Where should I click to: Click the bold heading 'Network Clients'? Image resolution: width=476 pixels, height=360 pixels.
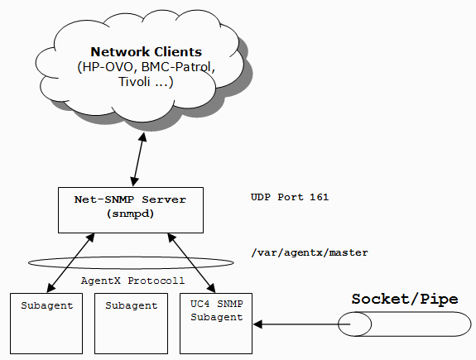146,52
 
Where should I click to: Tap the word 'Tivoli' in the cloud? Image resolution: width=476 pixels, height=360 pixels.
134,82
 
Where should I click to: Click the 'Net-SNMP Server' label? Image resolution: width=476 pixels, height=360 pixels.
130,199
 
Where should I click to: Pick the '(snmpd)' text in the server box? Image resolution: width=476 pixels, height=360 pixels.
130,214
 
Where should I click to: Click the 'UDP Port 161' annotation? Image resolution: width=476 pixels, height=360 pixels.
290,197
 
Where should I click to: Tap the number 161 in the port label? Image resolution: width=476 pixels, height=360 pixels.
319,197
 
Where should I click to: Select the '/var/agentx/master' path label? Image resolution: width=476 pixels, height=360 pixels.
310,252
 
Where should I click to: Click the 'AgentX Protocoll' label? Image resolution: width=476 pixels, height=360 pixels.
132,281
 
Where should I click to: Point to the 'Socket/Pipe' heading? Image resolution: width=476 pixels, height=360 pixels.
405,299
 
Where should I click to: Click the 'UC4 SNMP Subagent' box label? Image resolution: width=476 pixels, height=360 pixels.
216,310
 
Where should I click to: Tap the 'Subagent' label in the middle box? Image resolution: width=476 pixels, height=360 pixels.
131,305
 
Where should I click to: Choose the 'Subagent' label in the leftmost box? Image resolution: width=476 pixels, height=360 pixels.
46,305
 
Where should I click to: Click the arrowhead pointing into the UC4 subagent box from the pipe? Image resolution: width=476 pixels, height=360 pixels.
257,324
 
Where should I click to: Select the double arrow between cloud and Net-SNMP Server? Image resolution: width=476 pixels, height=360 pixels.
138,160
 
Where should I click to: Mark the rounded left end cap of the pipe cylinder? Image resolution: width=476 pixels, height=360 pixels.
354,324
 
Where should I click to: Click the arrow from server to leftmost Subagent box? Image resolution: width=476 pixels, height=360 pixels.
70,263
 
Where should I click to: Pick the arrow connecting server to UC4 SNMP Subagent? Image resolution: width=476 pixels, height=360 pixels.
191,263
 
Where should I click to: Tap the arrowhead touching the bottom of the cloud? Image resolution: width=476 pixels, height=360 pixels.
143,137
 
